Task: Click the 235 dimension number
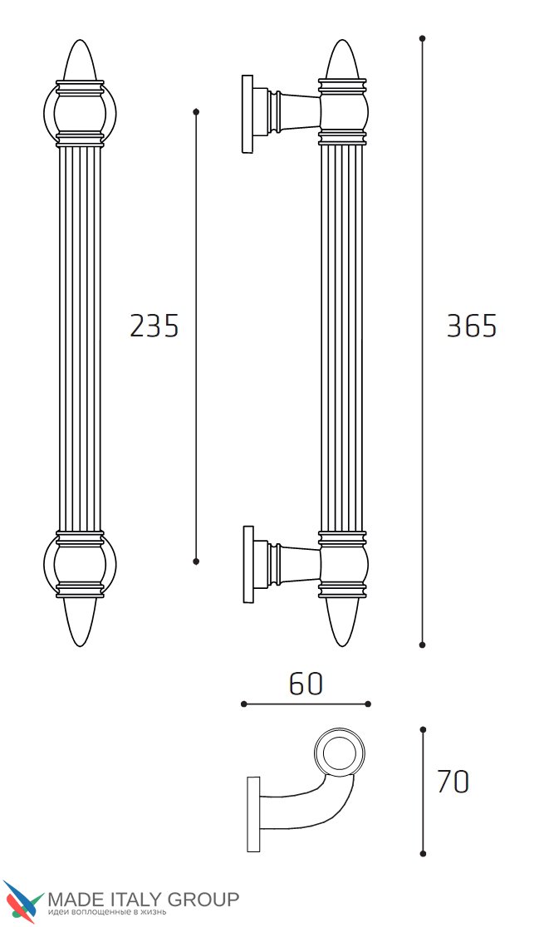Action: tap(154, 326)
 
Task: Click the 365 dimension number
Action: tap(472, 326)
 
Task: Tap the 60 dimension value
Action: tap(306, 684)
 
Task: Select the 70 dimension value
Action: tap(453, 782)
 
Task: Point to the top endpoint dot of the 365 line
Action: tap(422, 38)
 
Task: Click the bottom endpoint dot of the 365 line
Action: tap(422, 645)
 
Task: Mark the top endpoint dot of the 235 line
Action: tap(196, 111)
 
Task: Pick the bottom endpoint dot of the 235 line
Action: tap(196, 561)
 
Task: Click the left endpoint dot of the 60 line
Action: tap(243, 704)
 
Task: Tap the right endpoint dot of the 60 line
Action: tap(368, 704)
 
